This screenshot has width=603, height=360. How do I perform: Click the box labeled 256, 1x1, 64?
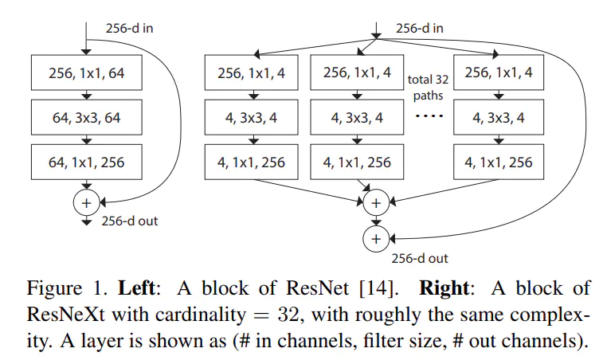(x=85, y=76)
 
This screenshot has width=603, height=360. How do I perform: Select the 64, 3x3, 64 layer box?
(x=85, y=119)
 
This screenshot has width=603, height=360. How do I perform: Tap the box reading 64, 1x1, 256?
(x=85, y=163)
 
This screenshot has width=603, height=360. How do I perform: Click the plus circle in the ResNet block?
(x=85, y=203)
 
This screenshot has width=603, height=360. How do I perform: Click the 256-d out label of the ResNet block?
(x=129, y=221)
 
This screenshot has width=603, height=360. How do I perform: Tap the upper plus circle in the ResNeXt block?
(x=375, y=203)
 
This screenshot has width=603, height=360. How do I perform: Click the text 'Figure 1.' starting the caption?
(x=53, y=285)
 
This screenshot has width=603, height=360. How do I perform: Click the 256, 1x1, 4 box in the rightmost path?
(x=499, y=76)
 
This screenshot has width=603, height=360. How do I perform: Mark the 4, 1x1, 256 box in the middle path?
(x=357, y=163)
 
